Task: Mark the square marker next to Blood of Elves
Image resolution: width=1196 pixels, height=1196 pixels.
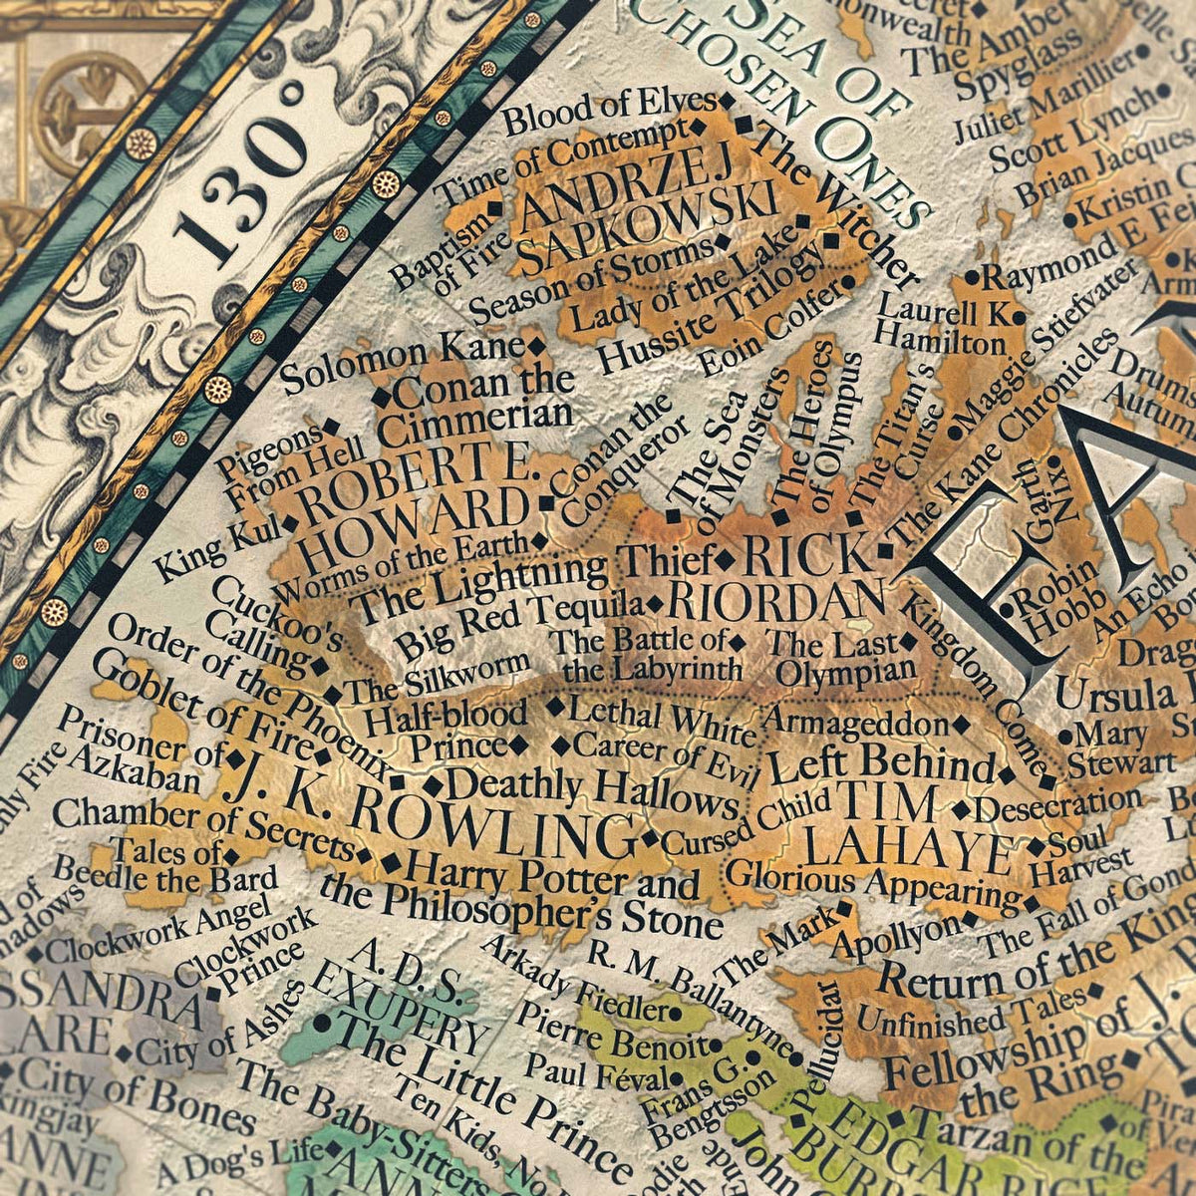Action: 727,101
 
